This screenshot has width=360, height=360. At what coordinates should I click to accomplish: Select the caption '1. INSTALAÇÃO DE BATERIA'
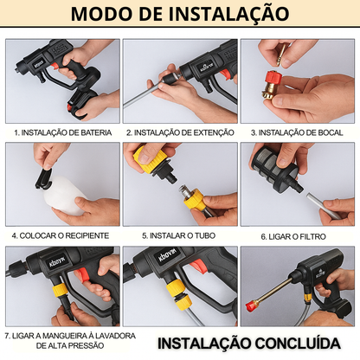pos(62,133)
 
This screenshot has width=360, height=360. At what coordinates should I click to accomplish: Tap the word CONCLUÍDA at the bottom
pos(292,342)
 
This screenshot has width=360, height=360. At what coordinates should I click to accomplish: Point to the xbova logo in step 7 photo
pos(41,259)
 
